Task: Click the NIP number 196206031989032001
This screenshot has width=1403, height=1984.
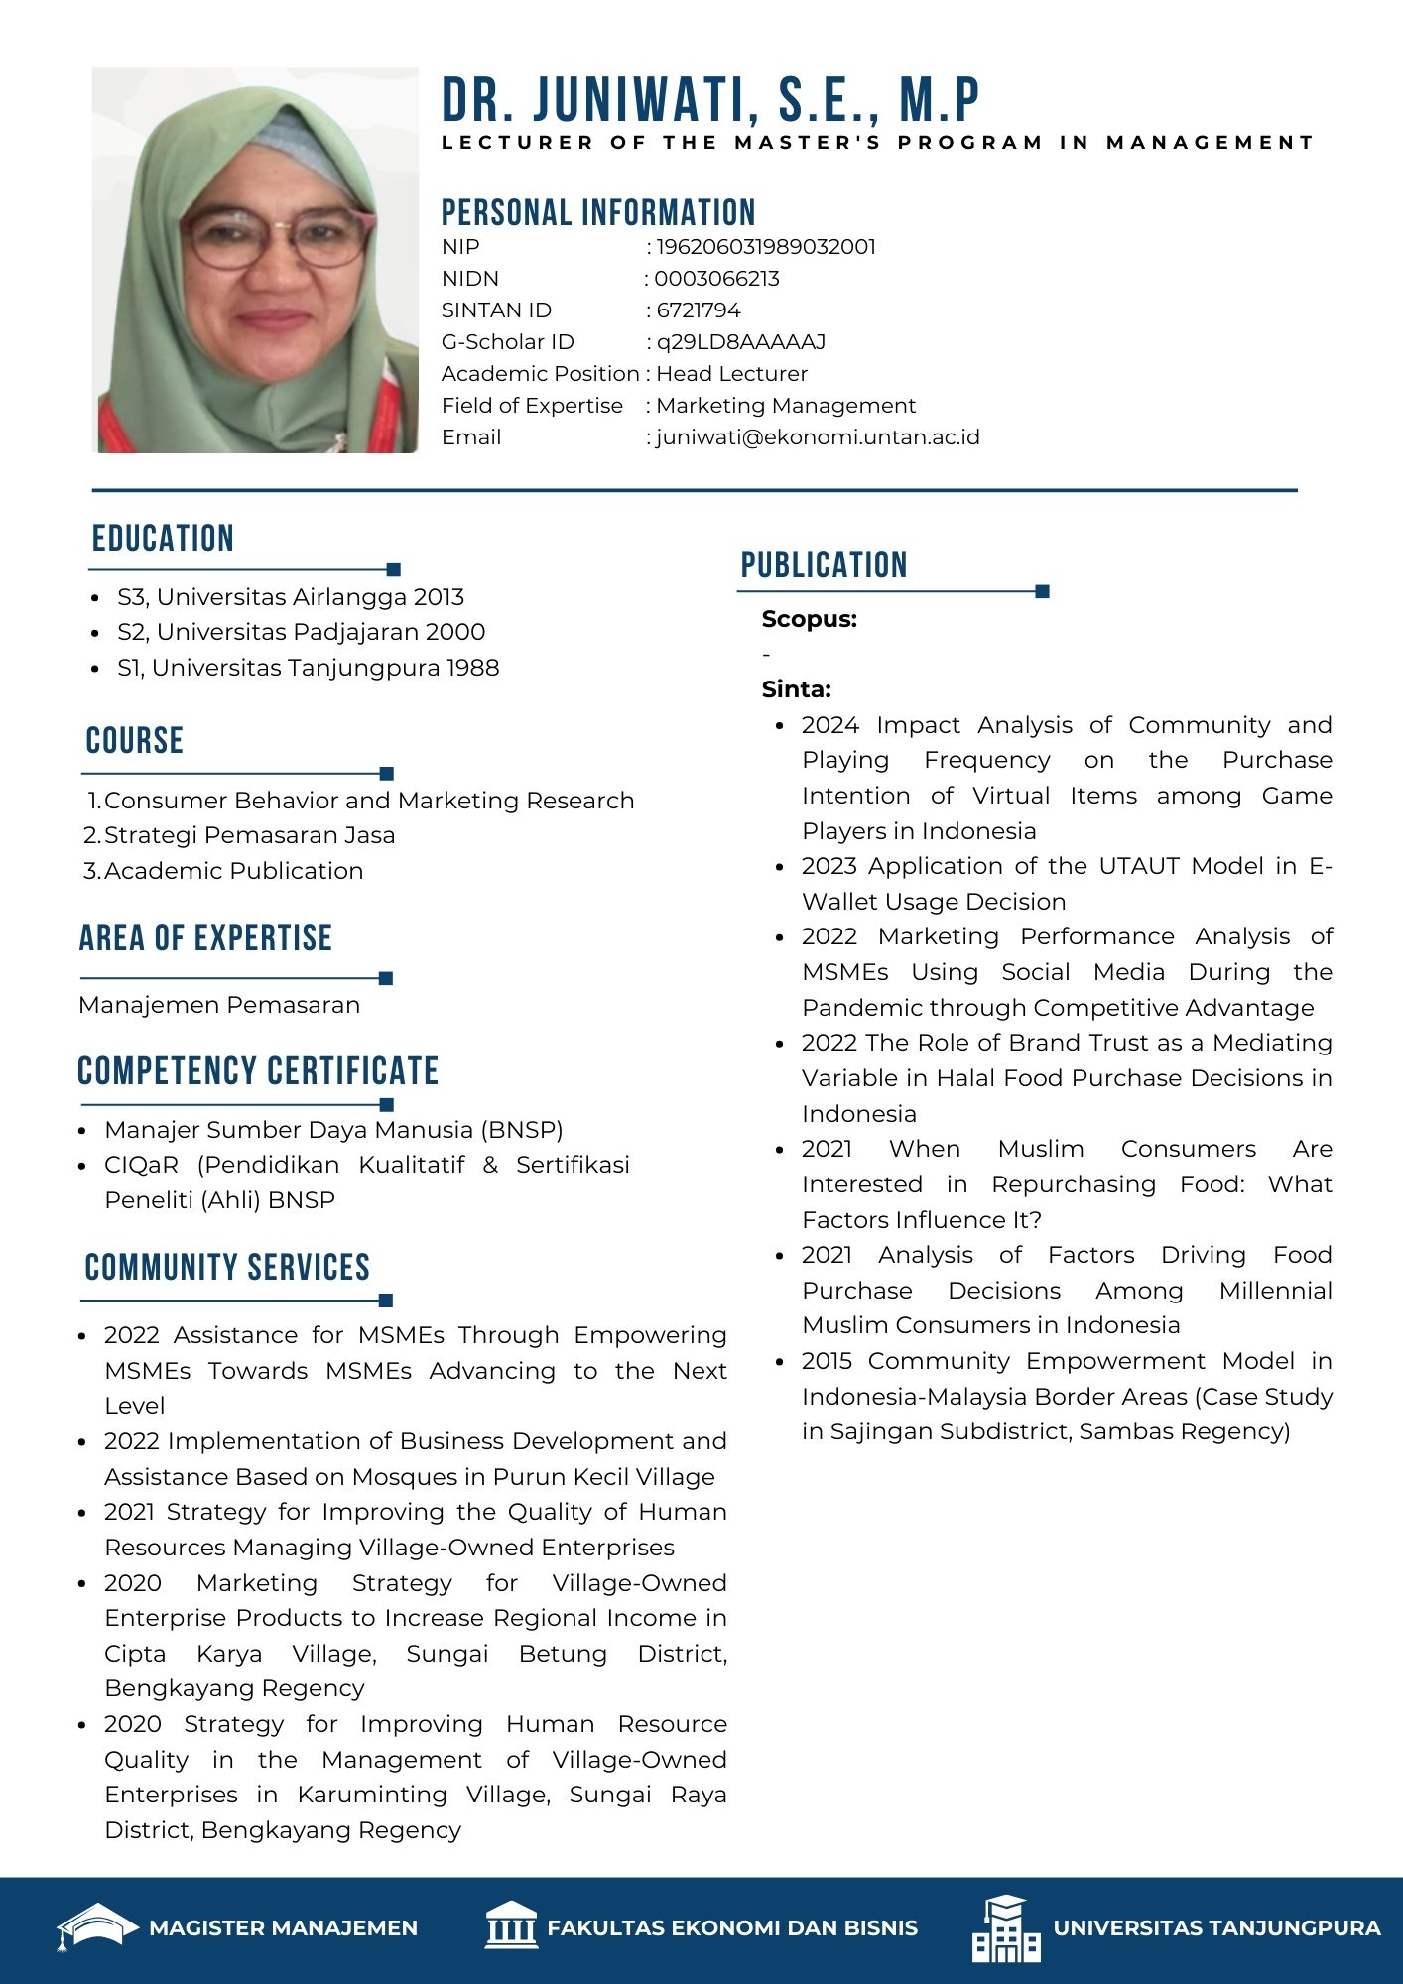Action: (x=765, y=247)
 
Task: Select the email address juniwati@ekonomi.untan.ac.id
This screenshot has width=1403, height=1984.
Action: (x=818, y=437)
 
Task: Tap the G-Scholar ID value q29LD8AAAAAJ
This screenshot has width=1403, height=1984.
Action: (x=740, y=342)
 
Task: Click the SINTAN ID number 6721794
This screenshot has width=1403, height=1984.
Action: (x=699, y=310)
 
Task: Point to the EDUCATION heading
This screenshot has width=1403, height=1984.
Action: (x=163, y=539)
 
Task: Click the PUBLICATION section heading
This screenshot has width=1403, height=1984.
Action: (x=824, y=565)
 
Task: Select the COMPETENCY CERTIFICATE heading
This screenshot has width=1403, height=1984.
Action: (x=258, y=1071)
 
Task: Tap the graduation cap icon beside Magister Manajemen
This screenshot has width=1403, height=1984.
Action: (x=96, y=1927)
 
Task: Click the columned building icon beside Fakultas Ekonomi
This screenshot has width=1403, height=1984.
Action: (x=511, y=1926)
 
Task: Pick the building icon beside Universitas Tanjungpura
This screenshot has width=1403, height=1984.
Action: (x=1006, y=1927)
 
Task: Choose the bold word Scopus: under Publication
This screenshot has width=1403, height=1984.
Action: (x=809, y=619)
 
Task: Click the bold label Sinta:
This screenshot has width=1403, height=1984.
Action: (x=796, y=689)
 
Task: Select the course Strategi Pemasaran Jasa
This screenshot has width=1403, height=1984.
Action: (x=249, y=835)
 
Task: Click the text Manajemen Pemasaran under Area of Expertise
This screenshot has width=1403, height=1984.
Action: (x=219, y=1005)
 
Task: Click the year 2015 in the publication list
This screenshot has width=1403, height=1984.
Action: (x=829, y=1361)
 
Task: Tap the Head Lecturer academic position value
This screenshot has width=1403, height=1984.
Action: (x=731, y=374)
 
